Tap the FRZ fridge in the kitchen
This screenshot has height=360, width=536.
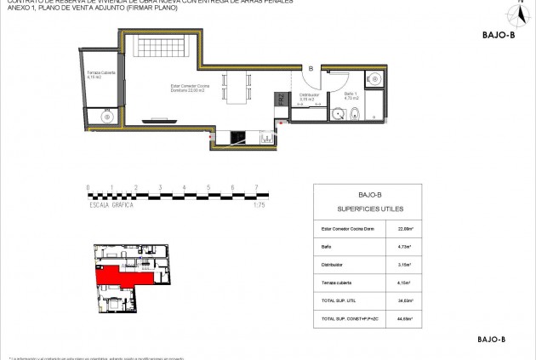coord(279,99)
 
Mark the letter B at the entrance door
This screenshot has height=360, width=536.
coord(311,68)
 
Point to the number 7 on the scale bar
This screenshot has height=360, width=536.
coord(255,187)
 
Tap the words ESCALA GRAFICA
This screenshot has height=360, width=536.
coord(112,205)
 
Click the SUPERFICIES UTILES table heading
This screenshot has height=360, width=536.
coord(369,209)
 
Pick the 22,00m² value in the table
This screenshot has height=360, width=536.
coord(405,228)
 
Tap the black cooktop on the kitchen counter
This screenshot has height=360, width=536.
coord(237,134)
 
